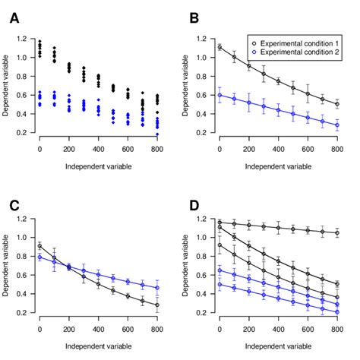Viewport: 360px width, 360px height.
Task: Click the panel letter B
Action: coord(194,17)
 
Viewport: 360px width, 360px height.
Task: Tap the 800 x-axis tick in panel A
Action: coord(157,150)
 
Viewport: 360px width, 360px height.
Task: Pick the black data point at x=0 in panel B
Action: coord(219,47)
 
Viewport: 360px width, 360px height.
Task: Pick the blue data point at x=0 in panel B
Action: coord(219,95)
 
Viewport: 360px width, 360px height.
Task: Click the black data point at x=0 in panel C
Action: coord(39,246)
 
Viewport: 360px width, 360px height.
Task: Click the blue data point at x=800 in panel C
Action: coord(157,287)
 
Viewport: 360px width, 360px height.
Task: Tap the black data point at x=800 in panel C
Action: coord(157,305)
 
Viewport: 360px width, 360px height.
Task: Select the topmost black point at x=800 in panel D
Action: coord(337,233)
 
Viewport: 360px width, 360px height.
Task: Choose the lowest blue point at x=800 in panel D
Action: coord(337,312)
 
